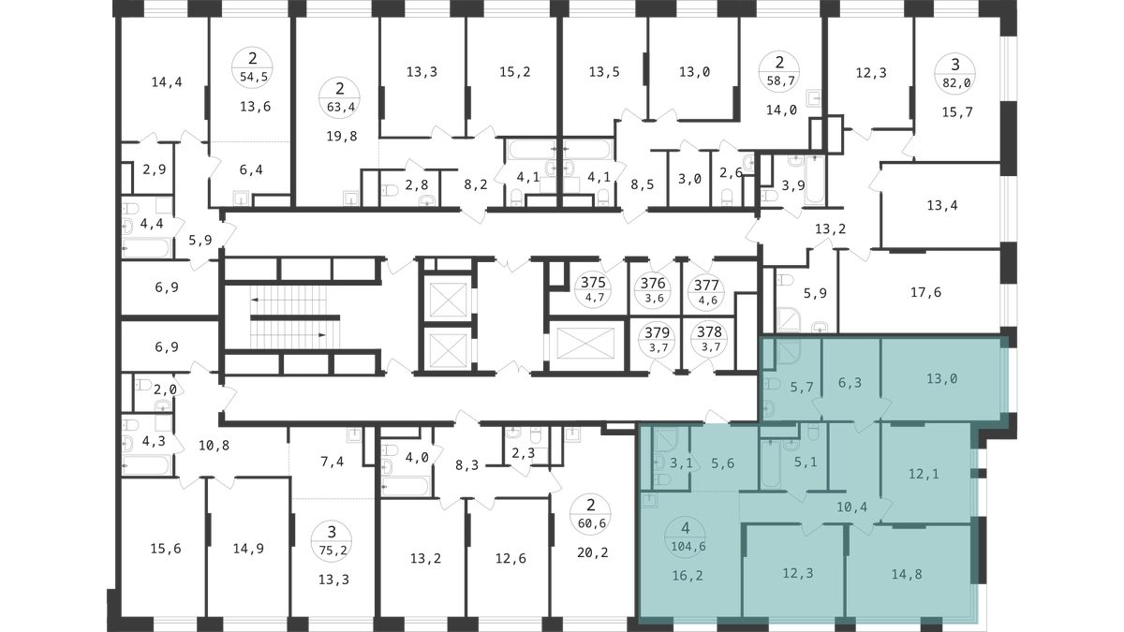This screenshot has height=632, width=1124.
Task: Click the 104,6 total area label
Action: tap(688, 546)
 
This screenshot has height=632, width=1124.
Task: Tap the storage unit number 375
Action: tap(593, 283)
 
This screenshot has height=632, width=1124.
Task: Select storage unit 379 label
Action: tap(658, 332)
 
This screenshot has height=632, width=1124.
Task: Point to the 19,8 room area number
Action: tap(342, 136)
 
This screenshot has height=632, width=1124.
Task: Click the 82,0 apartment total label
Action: tap(957, 83)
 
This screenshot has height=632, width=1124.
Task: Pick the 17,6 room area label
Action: tap(925, 292)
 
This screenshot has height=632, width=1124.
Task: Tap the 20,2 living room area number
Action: tap(593, 552)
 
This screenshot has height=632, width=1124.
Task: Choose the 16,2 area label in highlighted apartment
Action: tap(688, 576)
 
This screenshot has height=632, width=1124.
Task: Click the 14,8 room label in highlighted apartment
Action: tap(907, 574)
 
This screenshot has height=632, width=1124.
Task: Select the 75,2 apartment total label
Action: tap(333, 551)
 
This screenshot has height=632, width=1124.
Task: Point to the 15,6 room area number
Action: tap(166, 549)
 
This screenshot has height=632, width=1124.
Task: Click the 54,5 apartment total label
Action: tap(254, 77)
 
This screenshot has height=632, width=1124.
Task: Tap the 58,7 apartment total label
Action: tap(780, 81)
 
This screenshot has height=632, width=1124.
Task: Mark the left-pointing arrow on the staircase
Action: tap(288, 300)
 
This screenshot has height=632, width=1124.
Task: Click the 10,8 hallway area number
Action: tap(214, 446)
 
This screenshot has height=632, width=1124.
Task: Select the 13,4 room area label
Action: tap(942, 205)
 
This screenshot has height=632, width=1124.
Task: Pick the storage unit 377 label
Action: tap(706, 286)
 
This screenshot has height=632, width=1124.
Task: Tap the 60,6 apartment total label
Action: tap(592, 523)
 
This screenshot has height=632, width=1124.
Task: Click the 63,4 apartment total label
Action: tap(340, 107)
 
